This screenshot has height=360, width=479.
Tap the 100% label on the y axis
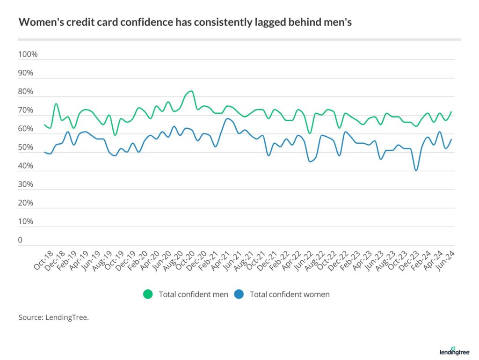28,55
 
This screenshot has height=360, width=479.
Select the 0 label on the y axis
21,240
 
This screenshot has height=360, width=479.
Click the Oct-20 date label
186,259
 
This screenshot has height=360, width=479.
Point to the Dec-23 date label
411,259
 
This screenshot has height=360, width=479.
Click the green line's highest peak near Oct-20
191,91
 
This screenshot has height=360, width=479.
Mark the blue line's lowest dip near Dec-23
416,170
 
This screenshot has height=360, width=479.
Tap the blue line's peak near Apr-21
227,118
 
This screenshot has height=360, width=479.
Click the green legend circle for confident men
148,294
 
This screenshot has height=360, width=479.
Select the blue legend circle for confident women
239,294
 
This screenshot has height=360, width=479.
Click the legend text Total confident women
290,294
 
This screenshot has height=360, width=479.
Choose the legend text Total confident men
193,294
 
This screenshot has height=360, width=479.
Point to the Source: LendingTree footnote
53,317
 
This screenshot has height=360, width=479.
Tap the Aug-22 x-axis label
316,259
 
